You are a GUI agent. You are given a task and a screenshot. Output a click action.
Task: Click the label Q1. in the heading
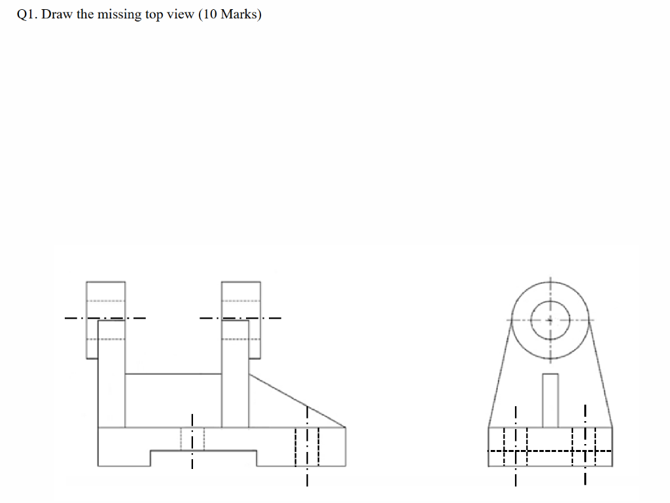coord(27,15)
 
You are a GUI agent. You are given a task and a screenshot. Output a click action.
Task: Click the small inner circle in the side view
coord(550,320)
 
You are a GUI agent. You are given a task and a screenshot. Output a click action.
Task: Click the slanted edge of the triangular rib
coord(297,400)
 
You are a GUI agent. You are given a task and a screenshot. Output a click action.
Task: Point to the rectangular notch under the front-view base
coord(203,458)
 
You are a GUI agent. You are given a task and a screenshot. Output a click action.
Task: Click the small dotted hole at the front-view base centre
coord(192,438)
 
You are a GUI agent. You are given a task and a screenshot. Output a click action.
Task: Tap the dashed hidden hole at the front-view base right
coord(306,446)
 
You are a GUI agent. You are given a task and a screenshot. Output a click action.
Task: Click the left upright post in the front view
coord(111,392)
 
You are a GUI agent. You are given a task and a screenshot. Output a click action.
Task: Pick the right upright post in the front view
coord(235,392)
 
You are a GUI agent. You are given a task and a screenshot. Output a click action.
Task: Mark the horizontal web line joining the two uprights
coord(173,373)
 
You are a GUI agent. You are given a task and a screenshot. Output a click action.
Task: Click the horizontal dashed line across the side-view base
coord(550,451)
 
